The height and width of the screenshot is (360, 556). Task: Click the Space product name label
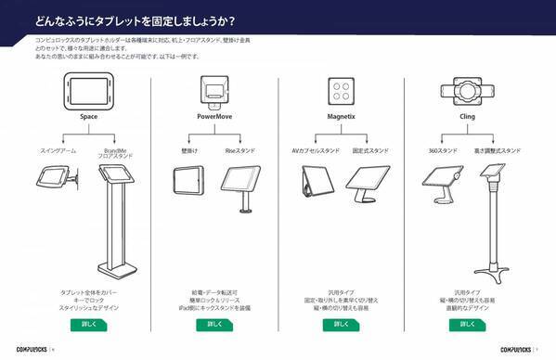click(x=89, y=118)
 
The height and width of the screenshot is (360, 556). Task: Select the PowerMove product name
click(x=214, y=118)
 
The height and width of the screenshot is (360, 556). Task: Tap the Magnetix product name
click(x=339, y=118)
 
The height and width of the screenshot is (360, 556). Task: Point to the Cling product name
click(x=467, y=118)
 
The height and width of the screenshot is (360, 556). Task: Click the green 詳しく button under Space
click(x=89, y=325)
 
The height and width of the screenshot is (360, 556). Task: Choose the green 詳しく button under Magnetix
click(x=340, y=325)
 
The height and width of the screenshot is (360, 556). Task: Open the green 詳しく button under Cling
click(x=467, y=325)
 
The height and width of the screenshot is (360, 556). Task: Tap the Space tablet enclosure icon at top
click(x=89, y=91)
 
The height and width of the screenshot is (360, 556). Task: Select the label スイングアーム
click(x=58, y=150)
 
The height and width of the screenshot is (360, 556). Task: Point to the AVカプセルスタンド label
click(x=312, y=150)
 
